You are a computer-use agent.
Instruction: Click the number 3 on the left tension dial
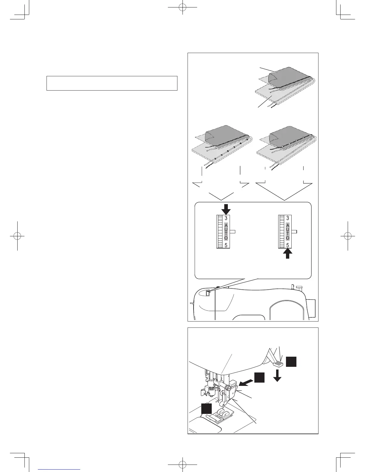(226, 218)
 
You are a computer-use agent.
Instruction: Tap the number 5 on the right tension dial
(287, 246)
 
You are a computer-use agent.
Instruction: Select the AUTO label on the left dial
(226, 232)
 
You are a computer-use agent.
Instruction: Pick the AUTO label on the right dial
(287, 232)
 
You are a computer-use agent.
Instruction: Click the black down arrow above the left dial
(226, 209)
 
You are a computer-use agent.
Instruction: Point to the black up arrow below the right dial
(288, 254)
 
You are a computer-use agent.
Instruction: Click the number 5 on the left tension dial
(226, 246)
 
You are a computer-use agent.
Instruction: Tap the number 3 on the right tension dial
(287, 218)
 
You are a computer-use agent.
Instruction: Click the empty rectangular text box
(112, 83)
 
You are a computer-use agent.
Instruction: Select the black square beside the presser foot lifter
(291, 362)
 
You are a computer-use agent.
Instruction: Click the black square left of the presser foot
(206, 408)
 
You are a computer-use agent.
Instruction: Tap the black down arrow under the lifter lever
(278, 375)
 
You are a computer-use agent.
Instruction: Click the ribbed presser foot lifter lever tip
(277, 364)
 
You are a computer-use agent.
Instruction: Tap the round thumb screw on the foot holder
(228, 387)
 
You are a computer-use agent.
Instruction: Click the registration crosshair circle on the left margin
(17, 235)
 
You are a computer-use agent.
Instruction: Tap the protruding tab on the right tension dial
(294, 232)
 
